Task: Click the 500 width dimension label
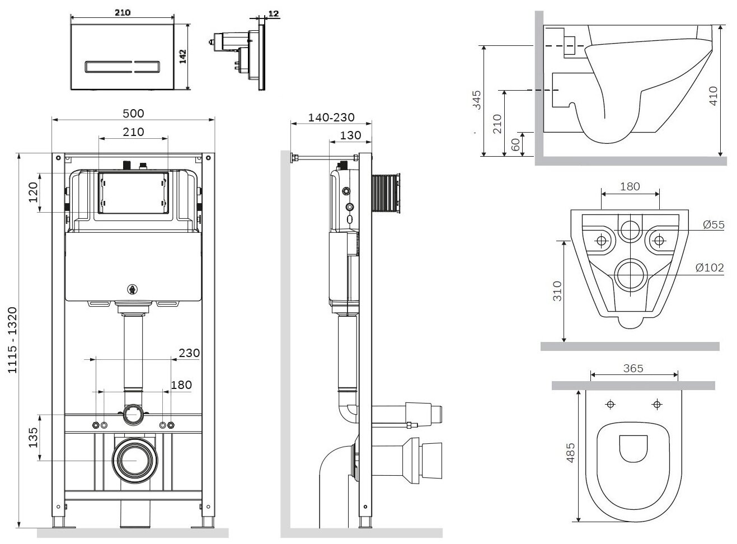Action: (133, 113)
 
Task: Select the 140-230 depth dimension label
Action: (331, 118)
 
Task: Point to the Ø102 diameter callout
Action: (710, 268)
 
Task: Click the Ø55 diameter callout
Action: (713, 224)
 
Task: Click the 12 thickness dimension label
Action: (273, 13)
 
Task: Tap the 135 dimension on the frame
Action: (32, 438)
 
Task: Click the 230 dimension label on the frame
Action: (189, 353)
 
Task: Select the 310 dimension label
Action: (556, 292)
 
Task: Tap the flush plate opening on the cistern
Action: (133, 193)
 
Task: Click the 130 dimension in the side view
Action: (350, 135)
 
